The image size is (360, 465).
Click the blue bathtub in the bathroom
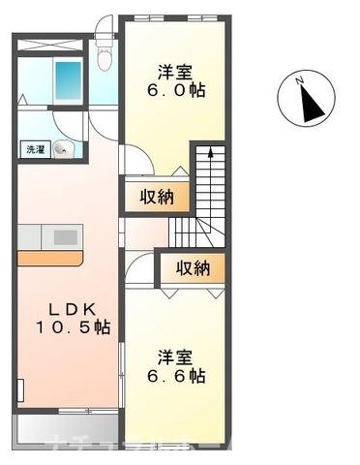[x=69, y=78]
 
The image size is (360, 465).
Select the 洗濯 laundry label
[x=33, y=150]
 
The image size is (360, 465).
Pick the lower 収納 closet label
[x=194, y=268]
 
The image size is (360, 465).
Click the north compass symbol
[x=308, y=99]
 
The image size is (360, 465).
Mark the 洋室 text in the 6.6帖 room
[x=179, y=354]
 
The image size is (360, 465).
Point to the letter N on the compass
[x=302, y=81]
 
